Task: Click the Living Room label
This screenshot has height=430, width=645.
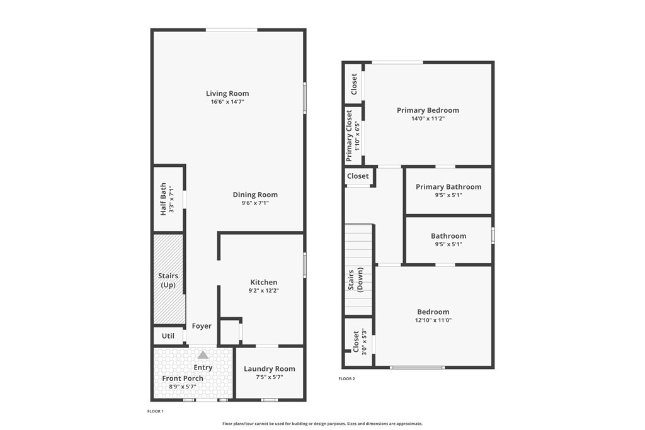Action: tap(227, 93)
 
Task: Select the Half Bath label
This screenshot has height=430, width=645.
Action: tap(163, 199)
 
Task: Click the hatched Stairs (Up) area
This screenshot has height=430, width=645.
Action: tap(168, 279)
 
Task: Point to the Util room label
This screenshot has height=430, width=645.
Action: tap(168, 336)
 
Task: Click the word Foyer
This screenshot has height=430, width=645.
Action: tap(202, 326)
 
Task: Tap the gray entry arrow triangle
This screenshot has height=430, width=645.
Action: tap(203, 355)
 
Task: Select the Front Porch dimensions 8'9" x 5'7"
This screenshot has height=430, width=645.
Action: tap(183, 387)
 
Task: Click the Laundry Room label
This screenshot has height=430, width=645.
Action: tap(270, 369)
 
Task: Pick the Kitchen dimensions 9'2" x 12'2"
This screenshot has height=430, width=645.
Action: tap(264, 291)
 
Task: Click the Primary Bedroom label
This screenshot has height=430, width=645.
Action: tap(428, 110)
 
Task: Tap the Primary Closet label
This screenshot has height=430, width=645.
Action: tap(349, 135)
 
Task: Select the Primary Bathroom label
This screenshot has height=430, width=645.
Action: tap(448, 186)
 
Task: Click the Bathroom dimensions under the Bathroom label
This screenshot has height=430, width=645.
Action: tap(448, 244)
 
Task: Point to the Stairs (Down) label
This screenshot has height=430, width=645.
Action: tap(356, 280)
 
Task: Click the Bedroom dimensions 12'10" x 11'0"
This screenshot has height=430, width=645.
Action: tap(433, 320)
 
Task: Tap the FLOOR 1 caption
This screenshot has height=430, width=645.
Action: tap(156, 411)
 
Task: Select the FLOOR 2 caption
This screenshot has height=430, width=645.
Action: tap(347, 378)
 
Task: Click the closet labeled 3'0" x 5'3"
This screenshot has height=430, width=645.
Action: tap(358, 342)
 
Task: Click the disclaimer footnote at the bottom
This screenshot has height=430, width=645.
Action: tap(322, 424)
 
